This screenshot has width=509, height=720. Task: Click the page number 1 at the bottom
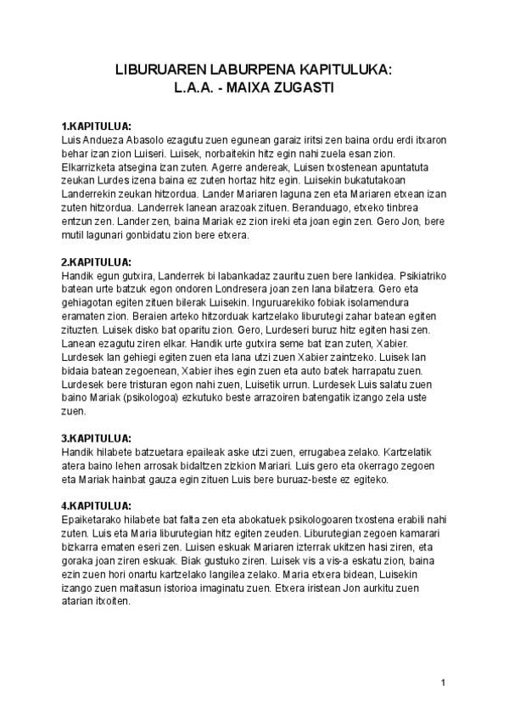point(444,683)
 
